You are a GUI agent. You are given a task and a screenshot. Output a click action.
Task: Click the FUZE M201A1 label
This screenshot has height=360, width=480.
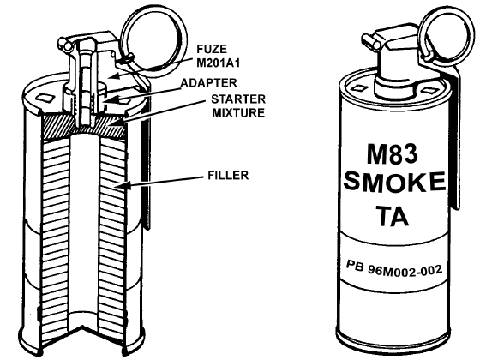(x=218, y=56)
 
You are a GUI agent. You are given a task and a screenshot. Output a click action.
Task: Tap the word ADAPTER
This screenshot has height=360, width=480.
(x=209, y=83)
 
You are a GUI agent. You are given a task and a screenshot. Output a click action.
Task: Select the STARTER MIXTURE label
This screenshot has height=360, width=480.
(x=238, y=106)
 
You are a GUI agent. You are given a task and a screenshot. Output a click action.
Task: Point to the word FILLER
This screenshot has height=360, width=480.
(x=228, y=175)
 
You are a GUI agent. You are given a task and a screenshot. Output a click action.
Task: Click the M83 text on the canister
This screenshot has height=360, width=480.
(x=393, y=154)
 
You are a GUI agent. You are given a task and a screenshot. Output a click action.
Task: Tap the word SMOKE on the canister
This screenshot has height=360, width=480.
(x=394, y=181)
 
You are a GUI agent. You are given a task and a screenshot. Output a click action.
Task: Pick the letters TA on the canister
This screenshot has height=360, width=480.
(x=393, y=215)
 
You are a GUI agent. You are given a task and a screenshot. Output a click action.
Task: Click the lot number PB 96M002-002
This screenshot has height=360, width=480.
(x=394, y=268)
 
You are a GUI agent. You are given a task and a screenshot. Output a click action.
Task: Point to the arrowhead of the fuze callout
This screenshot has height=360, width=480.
(x=114, y=75)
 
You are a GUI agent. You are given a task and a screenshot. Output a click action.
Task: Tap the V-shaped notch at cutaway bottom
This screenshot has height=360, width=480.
(x=82, y=333)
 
